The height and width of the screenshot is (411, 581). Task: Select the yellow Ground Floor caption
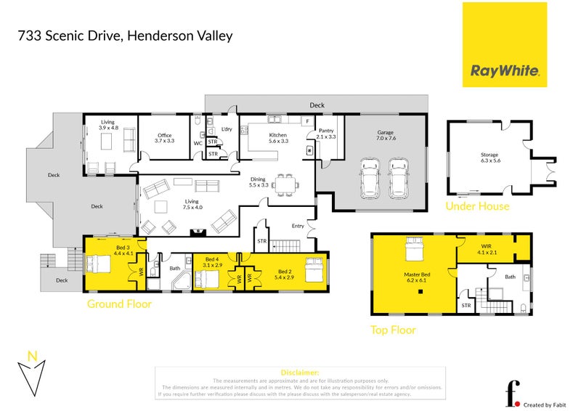[119, 304]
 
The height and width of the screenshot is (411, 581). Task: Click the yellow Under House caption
[477, 206]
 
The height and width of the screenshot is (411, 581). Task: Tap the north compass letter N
[31, 355]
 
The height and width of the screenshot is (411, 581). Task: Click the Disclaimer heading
[299, 372]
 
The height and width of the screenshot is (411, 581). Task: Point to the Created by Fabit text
[547, 404]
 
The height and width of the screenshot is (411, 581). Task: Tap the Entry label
[298, 226]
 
